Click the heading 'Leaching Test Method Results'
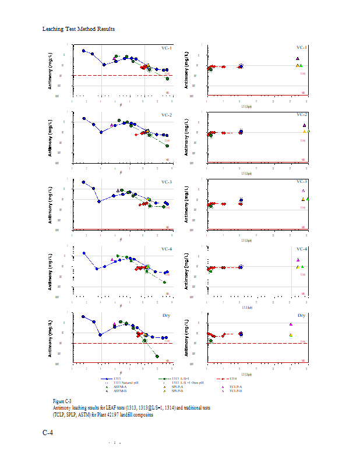coord(79,29)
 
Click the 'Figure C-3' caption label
coord(62,401)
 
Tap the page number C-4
coord(48,433)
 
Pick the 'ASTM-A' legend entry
coord(120,386)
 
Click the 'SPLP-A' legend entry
coord(178,386)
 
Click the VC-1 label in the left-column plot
coord(167,48)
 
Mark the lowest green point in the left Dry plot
coord(157,356)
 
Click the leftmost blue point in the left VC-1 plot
coord(84,51)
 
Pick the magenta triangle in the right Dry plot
coord(291,324)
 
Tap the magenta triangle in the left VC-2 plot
coord(111,125)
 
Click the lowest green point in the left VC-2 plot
coord(167,146)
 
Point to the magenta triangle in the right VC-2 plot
coord(304,125)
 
